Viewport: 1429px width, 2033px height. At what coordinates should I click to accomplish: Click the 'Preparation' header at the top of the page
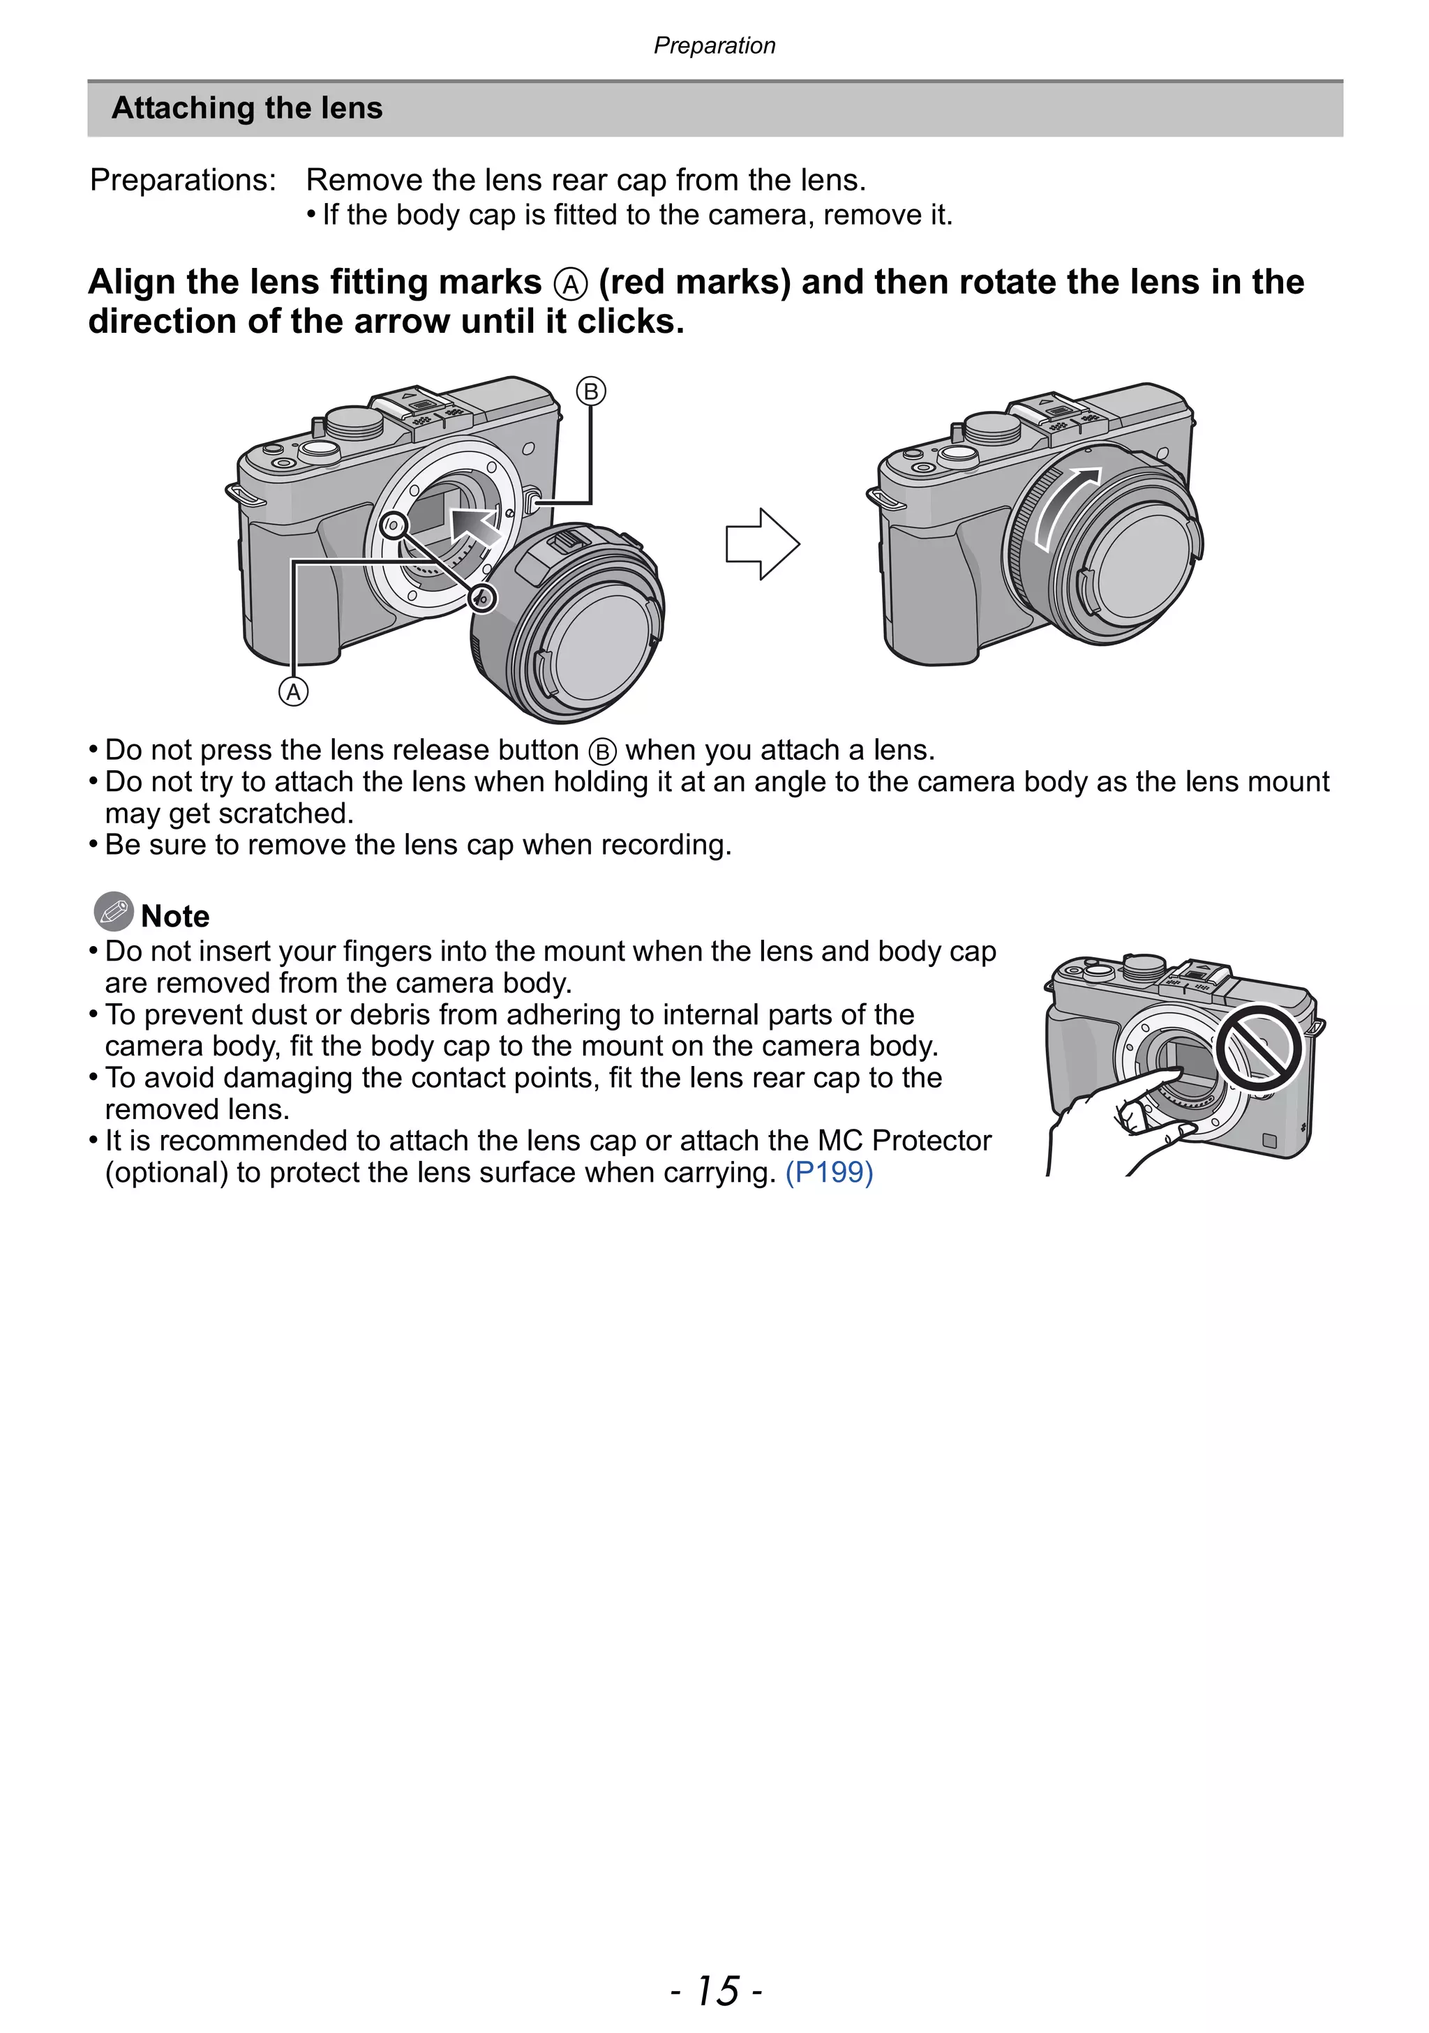point(714,45)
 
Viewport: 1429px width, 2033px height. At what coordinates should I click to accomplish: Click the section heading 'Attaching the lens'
point(247,108)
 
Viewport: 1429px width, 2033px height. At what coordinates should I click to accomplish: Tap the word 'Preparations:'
point(184,180)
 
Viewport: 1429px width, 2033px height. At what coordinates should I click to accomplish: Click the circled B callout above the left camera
point(590,391)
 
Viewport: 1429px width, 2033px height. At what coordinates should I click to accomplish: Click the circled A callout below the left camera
point(294,691)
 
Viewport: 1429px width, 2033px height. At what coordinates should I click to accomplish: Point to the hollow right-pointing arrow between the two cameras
point(761,543)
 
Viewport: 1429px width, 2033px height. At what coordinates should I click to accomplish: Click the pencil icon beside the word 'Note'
point(113,911)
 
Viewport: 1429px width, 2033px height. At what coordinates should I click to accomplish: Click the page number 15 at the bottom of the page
point(715,1990)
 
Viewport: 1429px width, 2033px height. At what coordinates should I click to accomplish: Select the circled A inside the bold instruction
point(570,284)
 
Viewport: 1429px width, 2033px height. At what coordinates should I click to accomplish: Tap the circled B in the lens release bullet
point(602,752)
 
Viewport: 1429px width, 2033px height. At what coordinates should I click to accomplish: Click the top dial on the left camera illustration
point(354,421)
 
